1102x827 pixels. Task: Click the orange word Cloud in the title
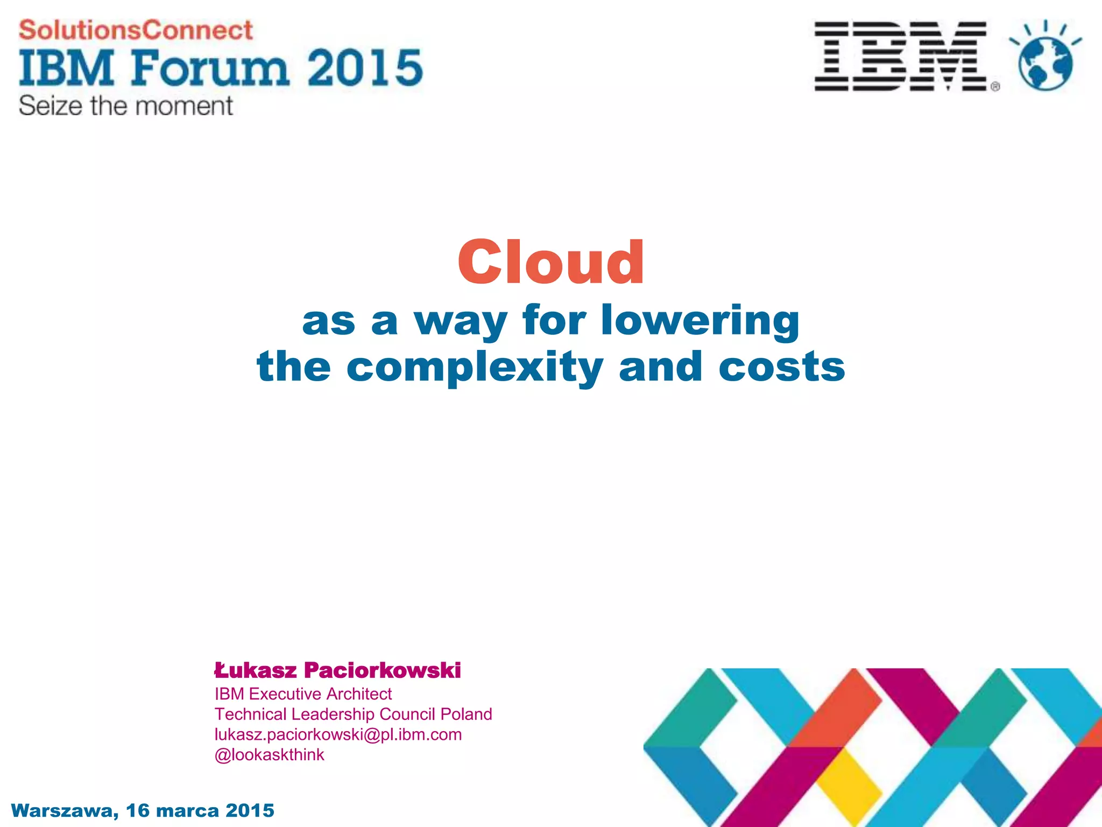tap(550, 262)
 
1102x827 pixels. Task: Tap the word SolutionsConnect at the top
tap(136, 30)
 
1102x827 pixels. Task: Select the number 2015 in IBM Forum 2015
tap(365, 68)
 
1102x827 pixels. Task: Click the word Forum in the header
tap(210, 68)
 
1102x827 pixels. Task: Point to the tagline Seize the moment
tap(126, 106)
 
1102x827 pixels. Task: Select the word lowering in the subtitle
tap(700, 321)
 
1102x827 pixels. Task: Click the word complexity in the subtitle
tap(475, 368)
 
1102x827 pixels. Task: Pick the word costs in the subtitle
tap(782, 367)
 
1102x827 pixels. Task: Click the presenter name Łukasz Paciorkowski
tap(337, 670)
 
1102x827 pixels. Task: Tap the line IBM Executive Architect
tap(303, 694)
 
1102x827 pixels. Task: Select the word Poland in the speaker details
tap(466, 714)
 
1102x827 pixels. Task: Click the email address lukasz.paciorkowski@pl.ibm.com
tap(338, 734)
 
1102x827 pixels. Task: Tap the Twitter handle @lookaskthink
tap(269, 755)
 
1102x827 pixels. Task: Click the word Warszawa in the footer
tap(63, 811)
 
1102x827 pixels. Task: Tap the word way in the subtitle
tap(460, 321)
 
